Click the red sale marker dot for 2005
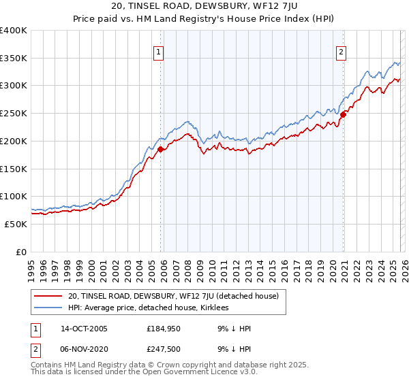point(160,149)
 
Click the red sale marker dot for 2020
point(343,114)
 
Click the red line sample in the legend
point(48,296)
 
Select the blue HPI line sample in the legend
point(48,308)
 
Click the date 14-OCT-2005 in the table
point(83,329)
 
